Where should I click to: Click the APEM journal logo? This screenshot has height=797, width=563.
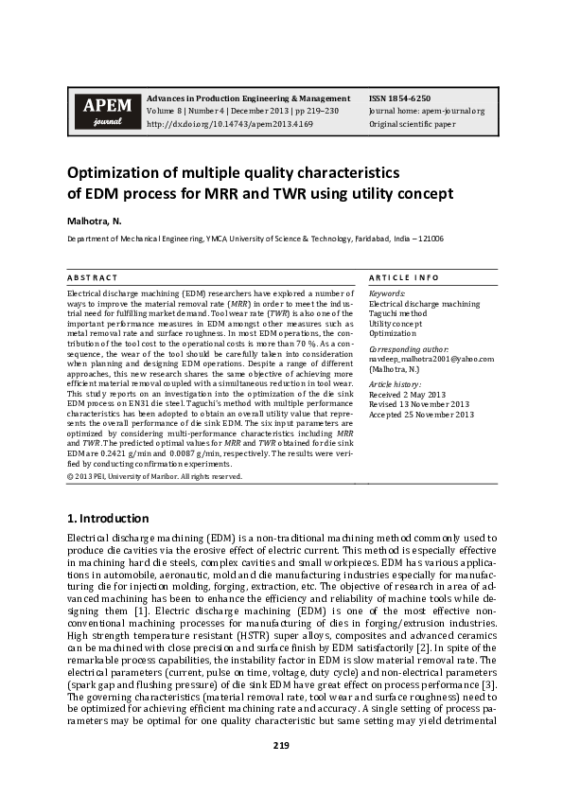click(101, 111)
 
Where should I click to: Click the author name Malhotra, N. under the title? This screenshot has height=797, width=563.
click(95, 220)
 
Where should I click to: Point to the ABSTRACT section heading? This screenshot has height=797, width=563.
click(93, 277)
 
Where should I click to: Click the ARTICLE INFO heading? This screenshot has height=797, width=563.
click(403, 277)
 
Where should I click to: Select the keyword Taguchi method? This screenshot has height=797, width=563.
click(397, 313)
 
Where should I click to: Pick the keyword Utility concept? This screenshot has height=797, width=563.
click(396, 324)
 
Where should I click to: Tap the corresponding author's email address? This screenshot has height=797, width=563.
click(418, 359)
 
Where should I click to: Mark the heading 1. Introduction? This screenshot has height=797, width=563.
click(108, 519)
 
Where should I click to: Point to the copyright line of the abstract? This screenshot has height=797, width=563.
click(154, 476)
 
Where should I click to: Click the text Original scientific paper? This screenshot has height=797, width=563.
click(413, 124)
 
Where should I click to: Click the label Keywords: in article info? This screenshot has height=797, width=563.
click(386, 293)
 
